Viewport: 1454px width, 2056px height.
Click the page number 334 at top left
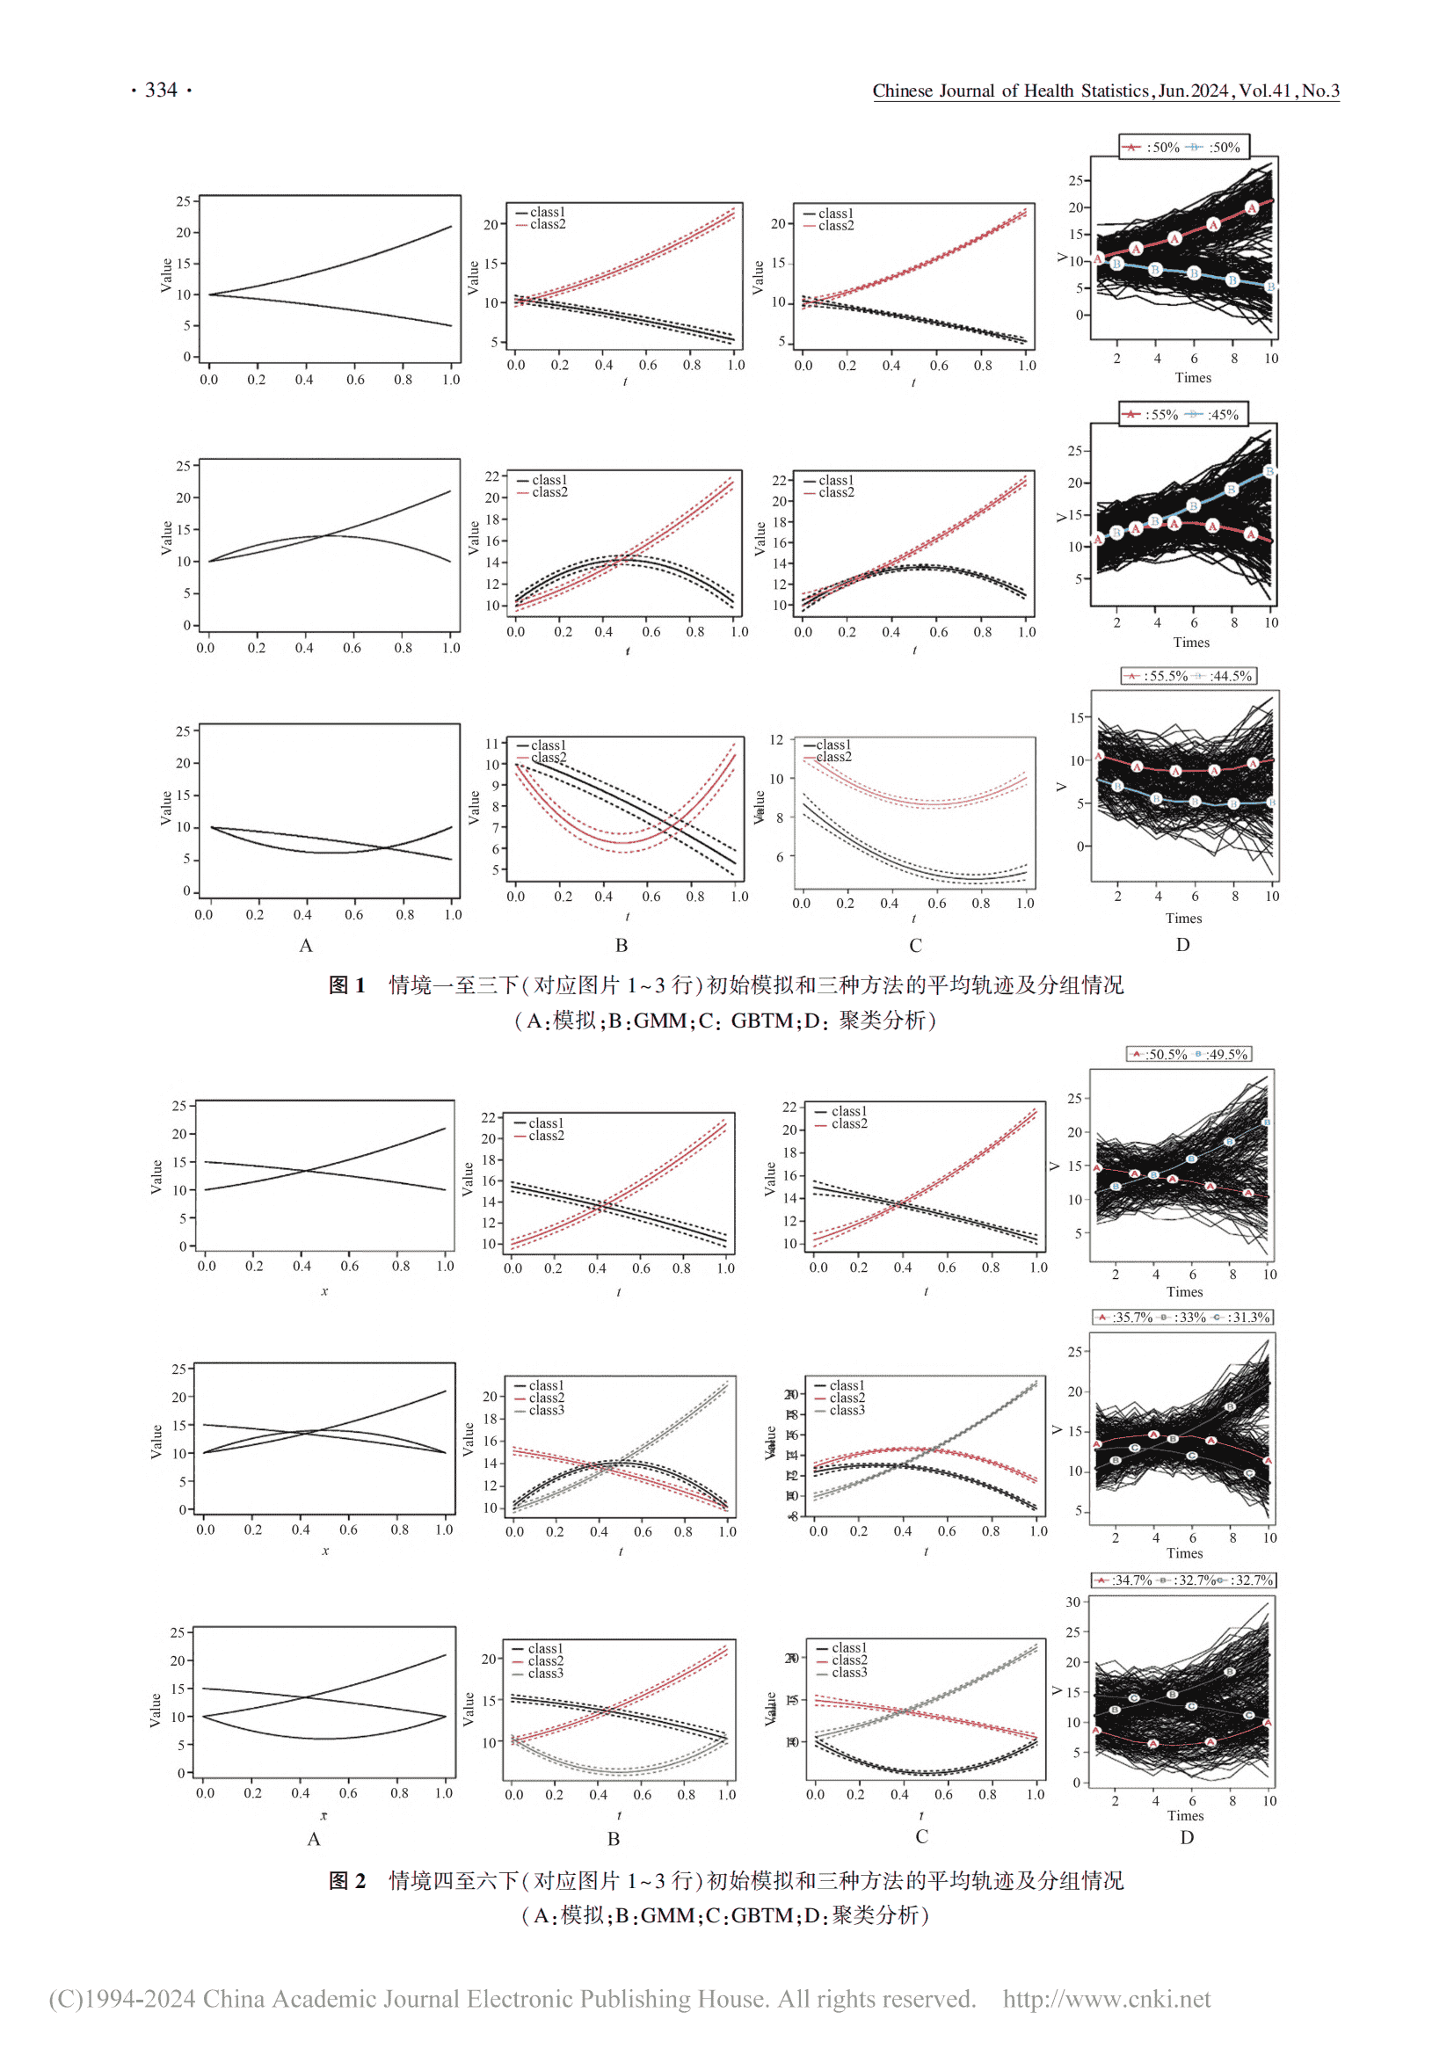(161, 90)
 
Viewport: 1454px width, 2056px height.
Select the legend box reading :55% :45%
(1183, 415)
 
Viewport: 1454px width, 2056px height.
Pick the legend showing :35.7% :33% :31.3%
(1181, 1318)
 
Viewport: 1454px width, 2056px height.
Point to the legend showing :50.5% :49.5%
(1189, 1054)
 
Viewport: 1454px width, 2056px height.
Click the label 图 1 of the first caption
(346, 985)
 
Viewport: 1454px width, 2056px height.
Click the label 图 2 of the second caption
(346, 1880)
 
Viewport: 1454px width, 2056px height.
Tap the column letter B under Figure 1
(622, 945)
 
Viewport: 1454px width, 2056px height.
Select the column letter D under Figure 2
(1186, 1837)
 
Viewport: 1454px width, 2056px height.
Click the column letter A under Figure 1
(306, 946)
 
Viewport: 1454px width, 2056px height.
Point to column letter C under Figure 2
(921, 1836)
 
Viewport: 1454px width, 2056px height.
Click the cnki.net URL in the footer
(1106, 1999)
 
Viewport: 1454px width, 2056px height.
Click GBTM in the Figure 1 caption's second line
(762, 1021)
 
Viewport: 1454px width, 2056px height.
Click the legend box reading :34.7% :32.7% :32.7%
(1182, 1580)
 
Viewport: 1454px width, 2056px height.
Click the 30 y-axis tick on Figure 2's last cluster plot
(1072, 1602)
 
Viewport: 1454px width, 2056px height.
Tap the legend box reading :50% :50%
(1183, 147)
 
